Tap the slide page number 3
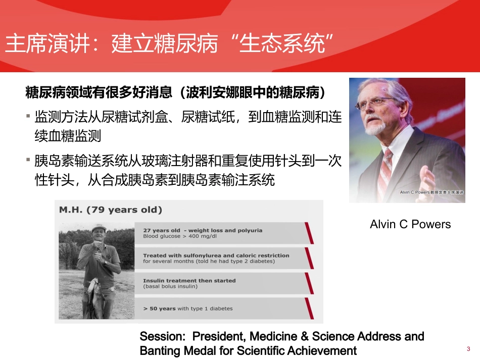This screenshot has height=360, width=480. click(468, 349)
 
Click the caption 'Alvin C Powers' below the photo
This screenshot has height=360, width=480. click(410, 224)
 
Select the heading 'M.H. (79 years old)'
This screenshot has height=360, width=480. click(111, 210)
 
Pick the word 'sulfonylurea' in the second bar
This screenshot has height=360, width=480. click(191, 255)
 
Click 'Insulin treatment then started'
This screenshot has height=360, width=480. click(189, 280)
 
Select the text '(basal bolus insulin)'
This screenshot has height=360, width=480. click(170, 286)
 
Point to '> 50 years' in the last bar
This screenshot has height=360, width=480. click(159, 308)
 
